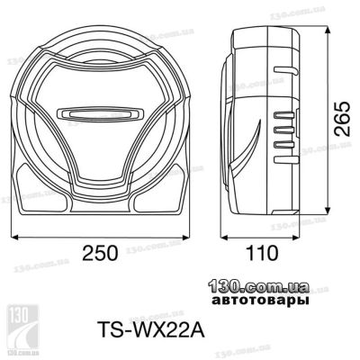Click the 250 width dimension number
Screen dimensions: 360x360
click(x=100, y=253)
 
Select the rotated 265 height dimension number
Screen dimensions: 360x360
click(x=342, y=119)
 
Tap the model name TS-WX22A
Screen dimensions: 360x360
click(x=151, y=329)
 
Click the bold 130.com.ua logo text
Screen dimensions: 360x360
click(x=259, y=287)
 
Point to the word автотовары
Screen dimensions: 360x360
click(x=260, y=301)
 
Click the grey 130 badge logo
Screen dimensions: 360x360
click(x=22, y=327)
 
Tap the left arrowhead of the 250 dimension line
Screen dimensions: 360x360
click(x=14, y=238)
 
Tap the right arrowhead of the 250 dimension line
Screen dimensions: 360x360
click(x=186, y=238)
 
